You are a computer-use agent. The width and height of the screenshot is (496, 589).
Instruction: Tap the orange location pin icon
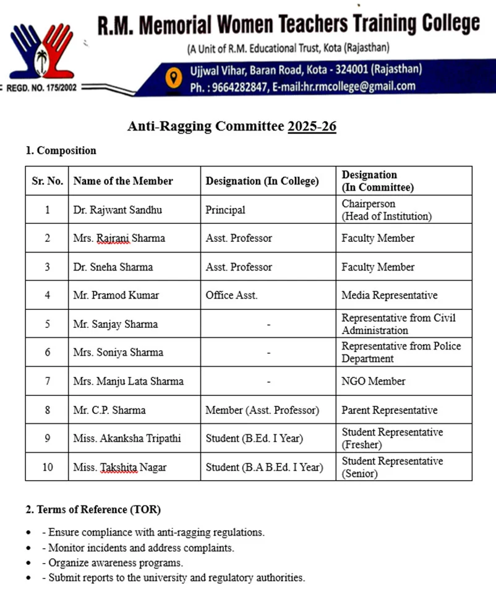tap(174, 77)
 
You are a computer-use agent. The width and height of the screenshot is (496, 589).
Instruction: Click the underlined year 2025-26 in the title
tap(312, 126)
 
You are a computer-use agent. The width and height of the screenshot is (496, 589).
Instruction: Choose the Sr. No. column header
tap(47, 181)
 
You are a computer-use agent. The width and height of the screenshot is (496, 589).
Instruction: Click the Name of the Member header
tap(123, 181)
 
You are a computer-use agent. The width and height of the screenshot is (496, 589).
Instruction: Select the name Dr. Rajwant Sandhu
tap(118, 210)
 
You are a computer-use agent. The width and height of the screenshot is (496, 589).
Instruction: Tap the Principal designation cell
tap(225, 210)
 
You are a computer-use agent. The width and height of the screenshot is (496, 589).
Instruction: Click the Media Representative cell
tap(389, 295)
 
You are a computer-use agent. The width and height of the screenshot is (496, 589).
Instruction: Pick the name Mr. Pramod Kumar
tap(116, 295)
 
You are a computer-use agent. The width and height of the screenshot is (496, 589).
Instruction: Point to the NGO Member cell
tap(374, 381)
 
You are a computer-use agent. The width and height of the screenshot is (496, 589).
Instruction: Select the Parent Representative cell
tap(389, 410)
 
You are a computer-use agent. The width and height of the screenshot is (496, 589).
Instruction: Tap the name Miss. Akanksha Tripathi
tap(127, 439)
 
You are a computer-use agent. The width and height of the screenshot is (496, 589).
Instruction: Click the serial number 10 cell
tap(47, 467)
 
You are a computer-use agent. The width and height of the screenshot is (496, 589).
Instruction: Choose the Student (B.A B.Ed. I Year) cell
tap(264, 467)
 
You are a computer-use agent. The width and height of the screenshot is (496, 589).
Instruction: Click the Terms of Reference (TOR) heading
tap(93, 510)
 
